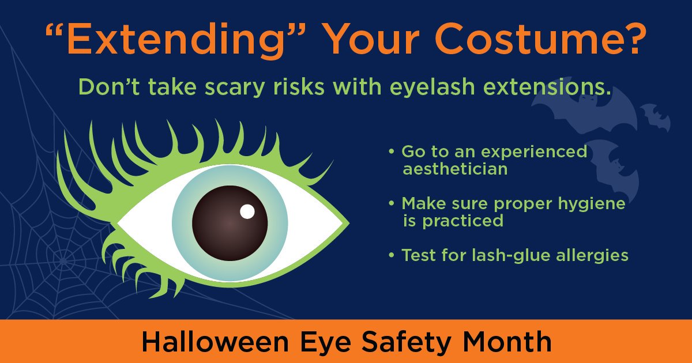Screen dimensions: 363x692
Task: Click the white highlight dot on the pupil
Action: (247, 211)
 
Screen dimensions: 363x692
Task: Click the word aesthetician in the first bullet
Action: (455, 169)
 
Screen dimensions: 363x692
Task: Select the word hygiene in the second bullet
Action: (597, 203)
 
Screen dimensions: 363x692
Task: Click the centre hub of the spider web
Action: (65, 255)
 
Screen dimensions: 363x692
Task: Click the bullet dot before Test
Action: (392, 254)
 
